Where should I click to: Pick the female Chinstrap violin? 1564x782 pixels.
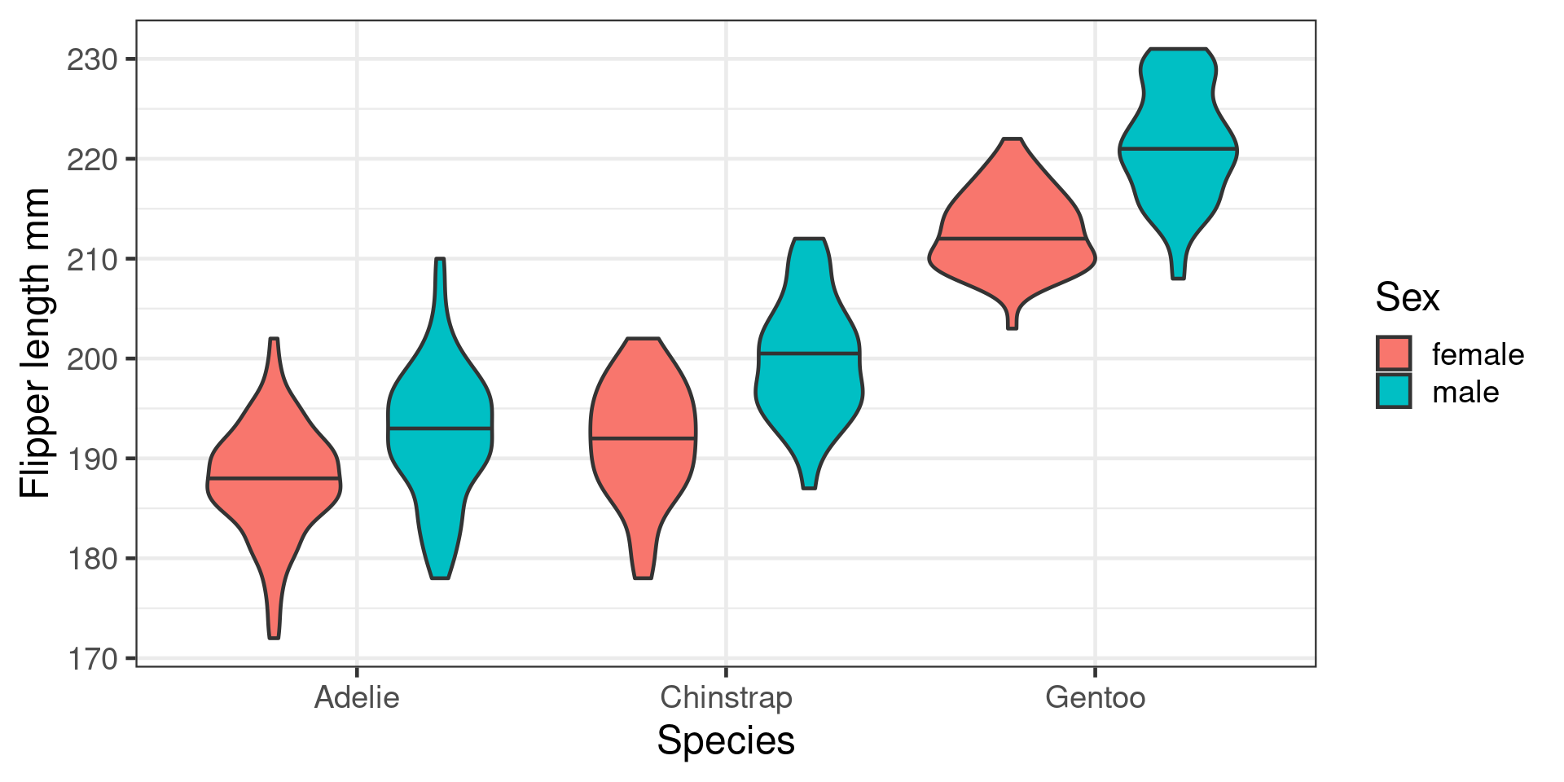[x=643, y=407]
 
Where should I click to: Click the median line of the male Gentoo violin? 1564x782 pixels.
[x=1178, y=149]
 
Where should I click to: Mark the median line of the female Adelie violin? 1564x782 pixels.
[x=275, y=478]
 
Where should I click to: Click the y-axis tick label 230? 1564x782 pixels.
[x=92, y=59]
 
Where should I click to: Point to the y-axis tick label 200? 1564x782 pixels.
[x=92, y=358]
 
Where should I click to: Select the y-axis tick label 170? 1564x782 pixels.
[x=92, y=658]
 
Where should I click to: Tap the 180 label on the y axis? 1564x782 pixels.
[x=92, y=559]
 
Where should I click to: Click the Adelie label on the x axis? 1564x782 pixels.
[x=357, y=698]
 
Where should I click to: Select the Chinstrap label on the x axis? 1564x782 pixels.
[x=726, y=698]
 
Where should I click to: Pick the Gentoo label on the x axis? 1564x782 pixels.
[x=1095, y=698]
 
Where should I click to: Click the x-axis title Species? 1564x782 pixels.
[x=726, y=741]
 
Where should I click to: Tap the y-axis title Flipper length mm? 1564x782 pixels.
[x=35, y=342]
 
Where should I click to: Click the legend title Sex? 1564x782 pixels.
[x=1407, y=297]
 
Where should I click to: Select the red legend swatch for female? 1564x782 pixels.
[x=1394, y=354]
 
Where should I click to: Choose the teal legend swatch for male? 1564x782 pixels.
[x=1394, y=391]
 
